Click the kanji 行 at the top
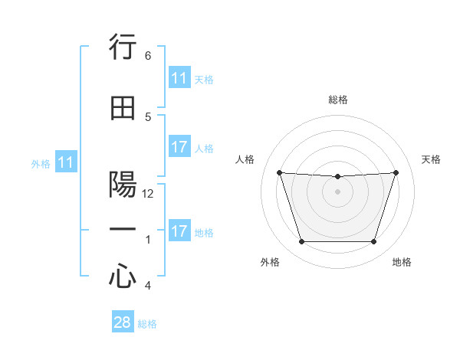click(x=123, y=48)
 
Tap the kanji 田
click(x=123, y=109)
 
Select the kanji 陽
click(x=123, y=185)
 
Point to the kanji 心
click(x=123, y=276)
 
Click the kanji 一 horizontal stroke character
click(x=123, y=230)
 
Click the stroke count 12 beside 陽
click(x=149, y=194)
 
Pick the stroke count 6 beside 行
click(x=148, y=56)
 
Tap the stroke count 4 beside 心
click(x=148, y=286)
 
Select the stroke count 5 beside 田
click(x=148, y=116)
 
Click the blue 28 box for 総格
click(x=123, y=322)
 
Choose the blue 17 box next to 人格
click(x=179, y=147)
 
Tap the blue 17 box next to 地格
click(x=179, y=231)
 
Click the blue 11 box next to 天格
click(x=179, y=78)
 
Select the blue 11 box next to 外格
click(x=65, y=162)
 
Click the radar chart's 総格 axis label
click(x=338, y=100)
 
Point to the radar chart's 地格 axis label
click(x=402, y=263)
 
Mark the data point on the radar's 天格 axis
click(x=396, y=173)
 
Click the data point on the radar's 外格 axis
click(x=301, y=242)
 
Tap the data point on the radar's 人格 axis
click(x=279, y=173)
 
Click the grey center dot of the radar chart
click(x=337, y=191)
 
